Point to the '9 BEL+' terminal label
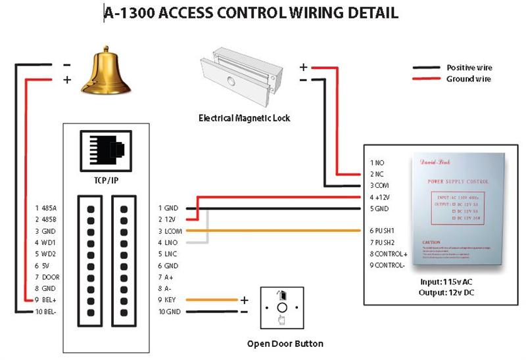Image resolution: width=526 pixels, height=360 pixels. pos(46,300)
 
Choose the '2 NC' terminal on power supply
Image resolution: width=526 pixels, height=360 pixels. pos(376,174)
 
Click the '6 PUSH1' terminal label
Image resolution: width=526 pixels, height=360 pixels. pos(382,231)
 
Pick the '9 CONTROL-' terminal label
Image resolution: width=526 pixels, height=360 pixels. pos(388,265)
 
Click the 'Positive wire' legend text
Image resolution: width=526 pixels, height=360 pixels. pos(469,68)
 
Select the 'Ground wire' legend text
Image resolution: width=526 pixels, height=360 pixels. pos(468,79)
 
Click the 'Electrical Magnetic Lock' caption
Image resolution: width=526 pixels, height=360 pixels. pos(244,119)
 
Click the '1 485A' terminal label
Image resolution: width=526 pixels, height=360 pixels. pos(45,208)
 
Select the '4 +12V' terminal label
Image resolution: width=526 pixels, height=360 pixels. pos(379,197)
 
